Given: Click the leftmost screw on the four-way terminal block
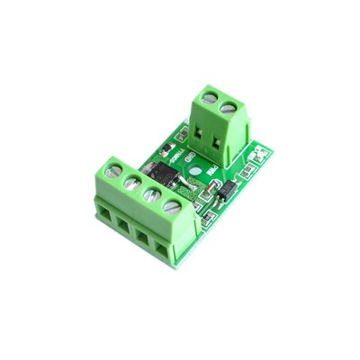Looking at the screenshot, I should pos(114,167).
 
